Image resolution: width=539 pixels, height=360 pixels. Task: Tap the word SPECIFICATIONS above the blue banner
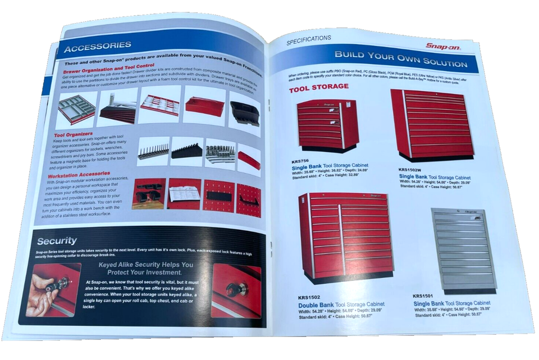(308, 39)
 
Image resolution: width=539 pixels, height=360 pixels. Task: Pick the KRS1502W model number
(411, 169)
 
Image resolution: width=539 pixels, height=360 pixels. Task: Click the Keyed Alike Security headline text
(145, 268)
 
